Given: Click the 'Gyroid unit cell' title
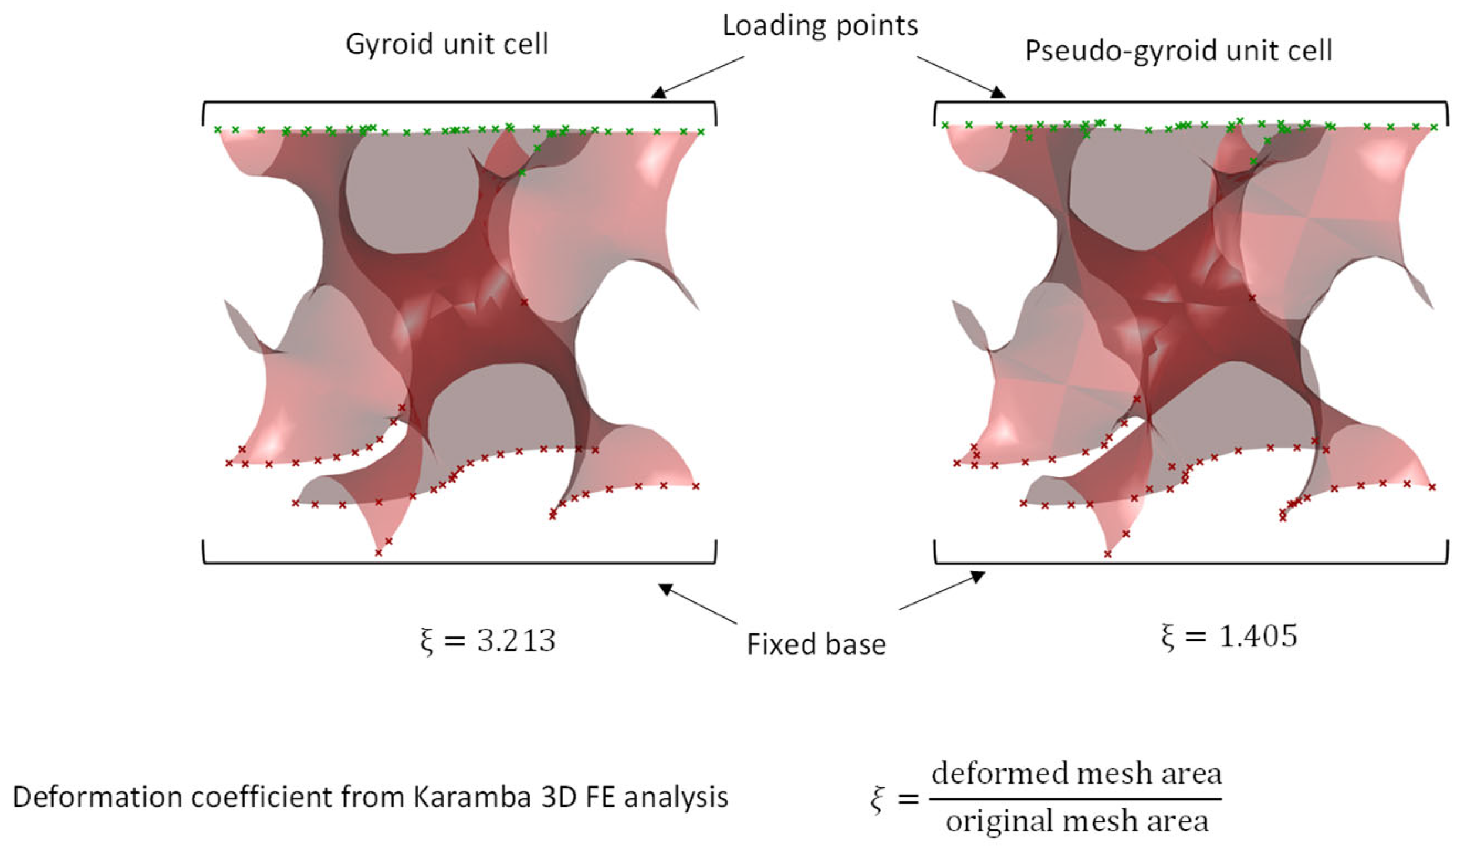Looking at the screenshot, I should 447,44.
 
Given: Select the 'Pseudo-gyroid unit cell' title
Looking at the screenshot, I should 1178,50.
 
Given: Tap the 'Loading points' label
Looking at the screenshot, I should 820,25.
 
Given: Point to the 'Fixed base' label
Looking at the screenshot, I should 816,644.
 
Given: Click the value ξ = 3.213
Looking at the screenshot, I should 488,641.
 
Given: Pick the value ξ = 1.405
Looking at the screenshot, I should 1229,636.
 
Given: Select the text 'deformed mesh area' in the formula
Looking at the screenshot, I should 1077,773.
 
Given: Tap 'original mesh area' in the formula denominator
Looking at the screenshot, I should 1077,821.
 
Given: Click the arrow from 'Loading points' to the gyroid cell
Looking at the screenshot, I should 698,76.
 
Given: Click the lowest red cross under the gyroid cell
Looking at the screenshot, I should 378,553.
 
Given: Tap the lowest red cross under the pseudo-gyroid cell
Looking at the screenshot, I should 1108,554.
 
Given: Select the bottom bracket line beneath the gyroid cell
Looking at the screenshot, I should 459,563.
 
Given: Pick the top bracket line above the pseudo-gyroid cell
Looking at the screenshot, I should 1191,103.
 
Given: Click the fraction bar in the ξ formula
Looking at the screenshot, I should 1076,798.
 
